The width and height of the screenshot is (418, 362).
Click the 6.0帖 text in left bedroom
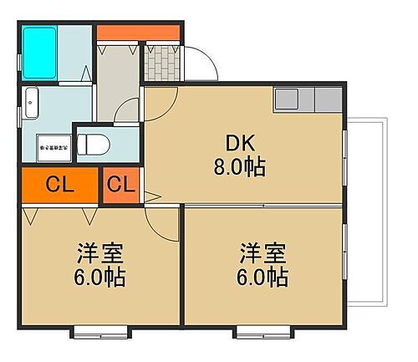pyautogui.click(x=94, y=277)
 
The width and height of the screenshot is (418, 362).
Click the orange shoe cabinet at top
pyautogui.click(x=138, y=34)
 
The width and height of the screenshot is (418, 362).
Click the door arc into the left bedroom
pyautogui.click(x=156, y=217)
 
